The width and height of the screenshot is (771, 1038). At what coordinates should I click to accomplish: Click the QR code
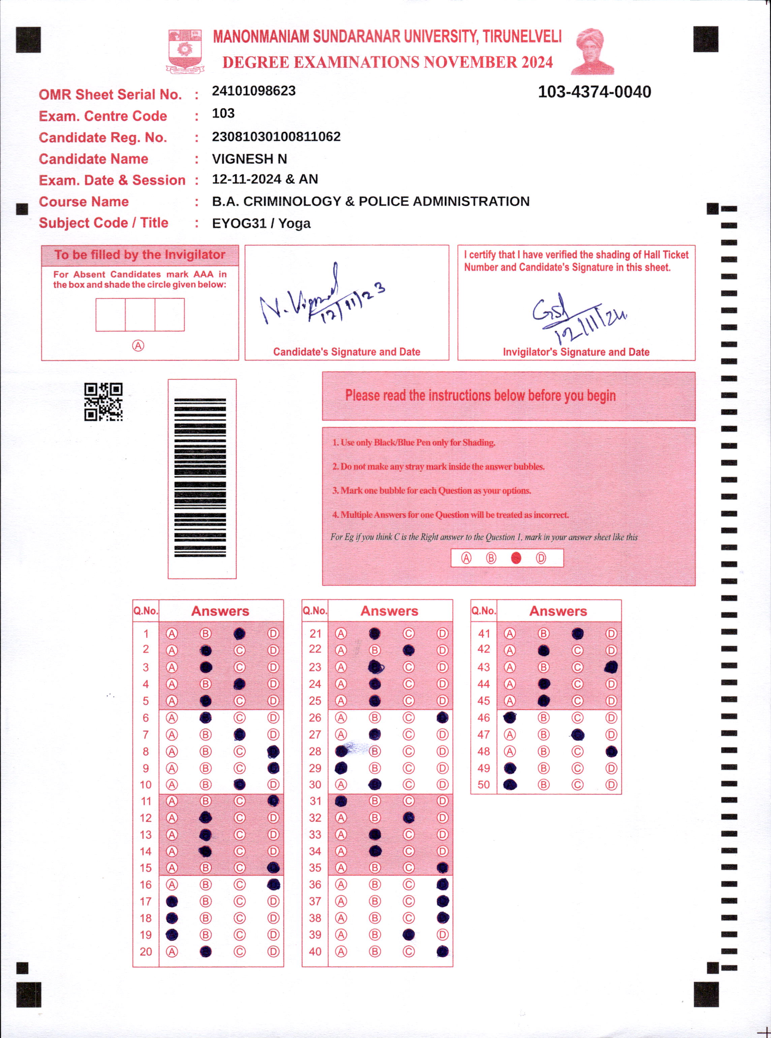103,402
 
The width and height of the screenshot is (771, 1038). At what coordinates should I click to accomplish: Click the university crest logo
185,50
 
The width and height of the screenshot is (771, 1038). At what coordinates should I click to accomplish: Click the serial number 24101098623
253,91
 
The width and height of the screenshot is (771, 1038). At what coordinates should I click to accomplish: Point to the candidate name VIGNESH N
249,159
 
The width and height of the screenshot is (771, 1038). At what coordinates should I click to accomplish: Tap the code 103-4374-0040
594,92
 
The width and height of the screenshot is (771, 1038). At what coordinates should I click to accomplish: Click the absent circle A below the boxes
138,346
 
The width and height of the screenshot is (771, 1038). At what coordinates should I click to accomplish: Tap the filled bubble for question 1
239,633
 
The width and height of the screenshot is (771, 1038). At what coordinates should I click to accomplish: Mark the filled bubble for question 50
510,785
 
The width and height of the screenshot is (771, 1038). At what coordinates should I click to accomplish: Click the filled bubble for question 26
442,718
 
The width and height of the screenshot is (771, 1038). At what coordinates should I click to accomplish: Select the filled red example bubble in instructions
516,558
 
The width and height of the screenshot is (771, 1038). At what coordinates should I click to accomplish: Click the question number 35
315,868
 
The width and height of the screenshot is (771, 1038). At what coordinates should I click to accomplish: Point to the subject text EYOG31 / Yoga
261,223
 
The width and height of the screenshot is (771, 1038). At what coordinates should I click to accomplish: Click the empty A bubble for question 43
510,667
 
